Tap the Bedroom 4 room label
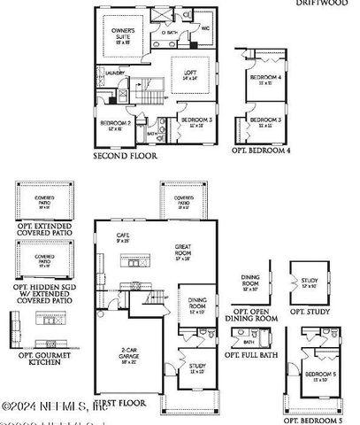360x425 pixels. tap(264, 80)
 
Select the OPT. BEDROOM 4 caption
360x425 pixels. tap(262, 151)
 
